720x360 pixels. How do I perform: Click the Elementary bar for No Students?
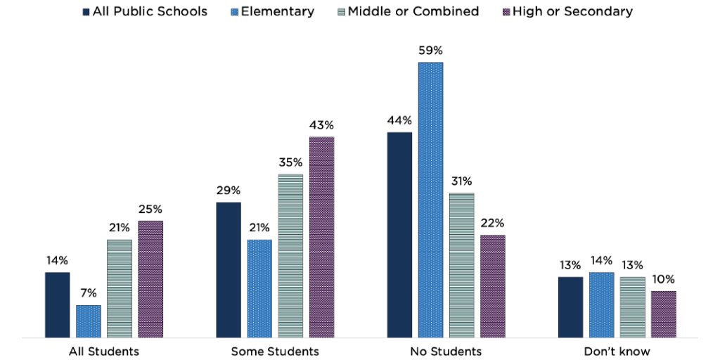pos(431,200)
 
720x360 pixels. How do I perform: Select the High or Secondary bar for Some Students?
pos(321,237)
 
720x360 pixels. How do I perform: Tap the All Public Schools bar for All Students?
pos(57,304)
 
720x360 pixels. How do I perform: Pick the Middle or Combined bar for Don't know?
pos(633,307)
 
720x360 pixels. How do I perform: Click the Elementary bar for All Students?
pos(89,321)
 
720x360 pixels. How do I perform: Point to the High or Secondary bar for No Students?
pos(493,286)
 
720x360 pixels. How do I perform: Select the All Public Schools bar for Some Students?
pos(229,270)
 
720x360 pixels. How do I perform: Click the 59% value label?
pos(431,51)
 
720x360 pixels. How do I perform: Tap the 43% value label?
pos(321,125)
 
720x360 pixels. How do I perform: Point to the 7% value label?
pos(89,293)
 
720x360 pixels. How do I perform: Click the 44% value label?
pos(399,120)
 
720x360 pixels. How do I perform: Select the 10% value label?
pos(664,279)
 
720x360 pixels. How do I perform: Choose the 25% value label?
pos(150,209)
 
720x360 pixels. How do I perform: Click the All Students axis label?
pos(104,351)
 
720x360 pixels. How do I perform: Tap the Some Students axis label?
pos(275,351)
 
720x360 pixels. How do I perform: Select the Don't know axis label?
pos(617,351)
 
